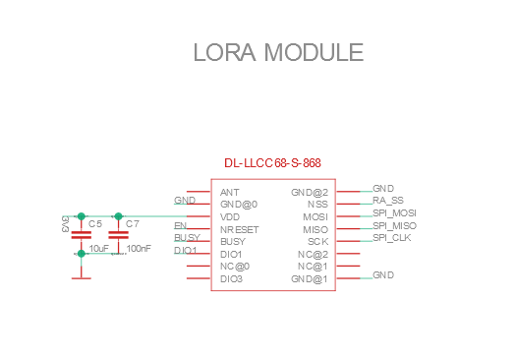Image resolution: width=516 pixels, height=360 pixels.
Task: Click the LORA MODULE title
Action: (x=278, y=52)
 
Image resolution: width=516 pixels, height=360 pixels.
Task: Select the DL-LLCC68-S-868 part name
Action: (x=272, y=163)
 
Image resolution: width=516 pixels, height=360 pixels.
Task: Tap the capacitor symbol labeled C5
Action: (x=82, y=235)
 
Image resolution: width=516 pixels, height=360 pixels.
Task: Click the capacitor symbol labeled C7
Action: (x=119, y=235)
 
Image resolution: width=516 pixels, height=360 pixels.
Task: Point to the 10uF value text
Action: (x=98, y=248)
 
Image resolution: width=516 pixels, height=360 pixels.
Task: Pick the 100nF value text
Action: (x=139, y=248)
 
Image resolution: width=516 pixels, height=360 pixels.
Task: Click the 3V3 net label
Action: (x=65, y=224)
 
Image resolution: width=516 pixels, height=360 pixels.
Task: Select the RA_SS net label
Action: (x=388, y=201)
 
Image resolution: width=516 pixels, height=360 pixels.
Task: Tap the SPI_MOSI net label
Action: (x=394, y=213)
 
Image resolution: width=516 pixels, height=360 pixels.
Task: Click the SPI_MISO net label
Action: (x=394, y=225)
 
